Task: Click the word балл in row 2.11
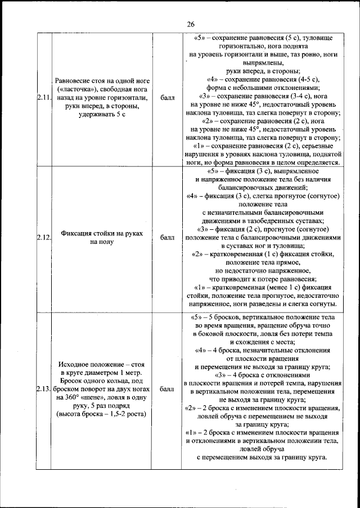point(167,98)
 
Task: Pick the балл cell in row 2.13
point(167,388)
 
